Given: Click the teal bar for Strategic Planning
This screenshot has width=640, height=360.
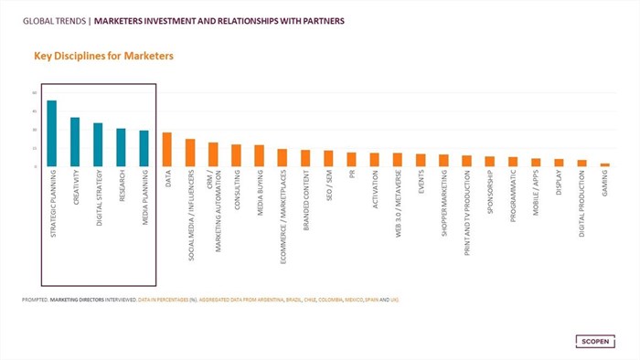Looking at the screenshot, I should (x=52, y=133).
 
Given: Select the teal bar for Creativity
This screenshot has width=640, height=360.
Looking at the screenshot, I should (x=75, y=142).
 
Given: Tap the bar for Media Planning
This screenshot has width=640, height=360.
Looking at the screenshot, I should (x=144, y=148).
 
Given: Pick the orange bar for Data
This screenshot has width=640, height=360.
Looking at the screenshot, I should (x=166, y=150).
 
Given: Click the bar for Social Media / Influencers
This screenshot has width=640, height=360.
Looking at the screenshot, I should (x=190, y=153).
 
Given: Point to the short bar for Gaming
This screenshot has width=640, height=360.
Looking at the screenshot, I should (x=604, y=164).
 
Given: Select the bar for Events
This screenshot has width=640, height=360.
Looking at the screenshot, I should (x=421, y=160).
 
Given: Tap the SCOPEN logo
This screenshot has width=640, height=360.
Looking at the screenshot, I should (x=597, y=342).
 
